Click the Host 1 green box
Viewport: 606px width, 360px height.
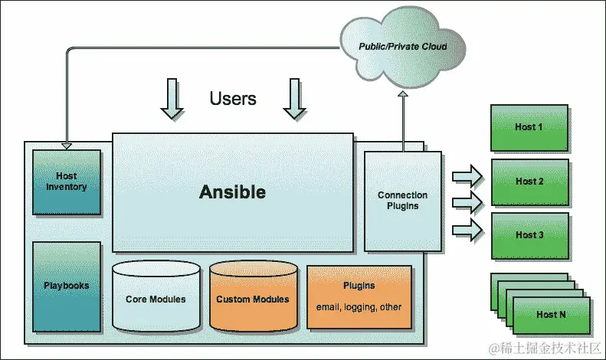tap(530, 127)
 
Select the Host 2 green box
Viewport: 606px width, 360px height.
tap(530, 182)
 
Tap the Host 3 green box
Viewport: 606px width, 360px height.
tap(530, 235)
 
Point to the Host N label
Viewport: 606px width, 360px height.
tap(552, 315)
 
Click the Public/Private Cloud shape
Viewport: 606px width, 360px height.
tap(402, 47)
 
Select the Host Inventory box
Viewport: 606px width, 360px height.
tap(67, 182)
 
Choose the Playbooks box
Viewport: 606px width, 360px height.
tap(67, 286)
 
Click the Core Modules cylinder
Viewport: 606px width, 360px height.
tap(156, 299)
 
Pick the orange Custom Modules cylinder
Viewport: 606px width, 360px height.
tap(253, 299)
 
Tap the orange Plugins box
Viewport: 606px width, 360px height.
tap(359, 296)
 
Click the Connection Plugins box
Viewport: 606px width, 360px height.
tap(402, 201)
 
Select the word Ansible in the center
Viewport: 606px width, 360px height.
tap(232, 192)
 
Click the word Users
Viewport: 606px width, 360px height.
tap(233, 99)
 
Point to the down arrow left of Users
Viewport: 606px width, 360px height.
tap(172, 100)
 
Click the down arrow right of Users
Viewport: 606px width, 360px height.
tap(295, 100)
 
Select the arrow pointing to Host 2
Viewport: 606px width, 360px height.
tap(467, 202)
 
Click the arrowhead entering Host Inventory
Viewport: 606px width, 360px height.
tap(67, 145)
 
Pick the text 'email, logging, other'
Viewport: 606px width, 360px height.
tap(359, 307)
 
